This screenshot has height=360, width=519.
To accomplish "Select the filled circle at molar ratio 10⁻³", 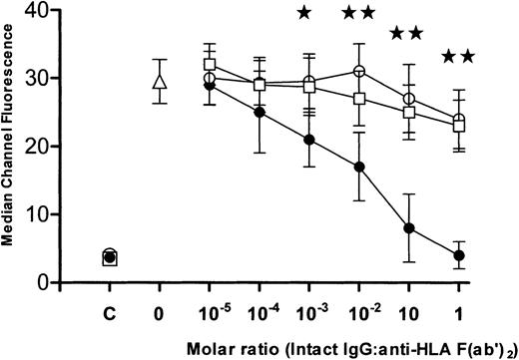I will click(x=309, y=140).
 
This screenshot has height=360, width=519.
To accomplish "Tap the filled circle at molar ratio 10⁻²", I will click(x=359, y=167).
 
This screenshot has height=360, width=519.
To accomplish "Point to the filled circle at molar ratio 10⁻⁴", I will click(x=259, y=113).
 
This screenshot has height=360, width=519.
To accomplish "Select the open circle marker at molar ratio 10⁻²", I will click(x=359, y=71).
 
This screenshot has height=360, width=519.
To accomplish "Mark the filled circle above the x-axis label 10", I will click(x=409, y=228).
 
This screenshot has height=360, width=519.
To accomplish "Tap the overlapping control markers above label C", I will click(x=109, y=258).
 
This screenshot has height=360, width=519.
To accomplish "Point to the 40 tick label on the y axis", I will click(x=62, y=10).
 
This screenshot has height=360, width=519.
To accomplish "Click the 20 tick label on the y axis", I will click(x=62, y=147).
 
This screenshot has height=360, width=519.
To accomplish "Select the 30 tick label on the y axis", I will click(x=62, y=78).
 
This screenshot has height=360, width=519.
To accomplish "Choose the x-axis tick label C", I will click(x=109, y=310).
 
